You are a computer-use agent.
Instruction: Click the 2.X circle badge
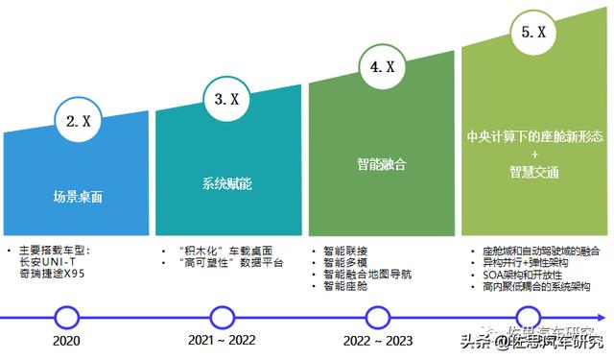tap(78, 122)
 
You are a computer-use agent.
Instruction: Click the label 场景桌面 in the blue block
tap(78, 198)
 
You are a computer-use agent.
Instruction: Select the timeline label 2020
tap(66, 341)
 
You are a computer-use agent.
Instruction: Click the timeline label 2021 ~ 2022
tap(223, 341)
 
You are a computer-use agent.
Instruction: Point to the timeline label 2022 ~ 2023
tap(376, 341)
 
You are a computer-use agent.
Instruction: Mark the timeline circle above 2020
tap(66, 316)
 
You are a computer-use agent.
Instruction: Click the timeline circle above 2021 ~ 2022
tap(223, 316)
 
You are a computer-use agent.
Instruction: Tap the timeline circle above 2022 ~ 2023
tap(376, 316)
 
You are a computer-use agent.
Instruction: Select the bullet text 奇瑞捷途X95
tap(53, 274)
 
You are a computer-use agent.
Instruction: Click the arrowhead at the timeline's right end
tap(607, 316)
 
